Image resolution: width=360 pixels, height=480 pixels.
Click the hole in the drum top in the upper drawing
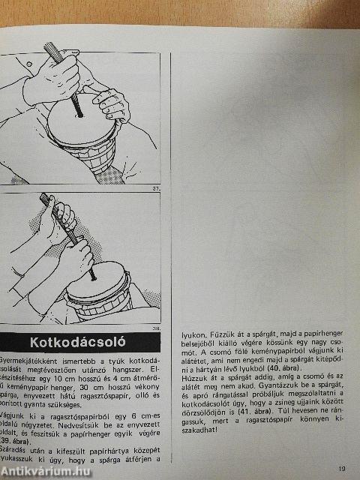point(78,115)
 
